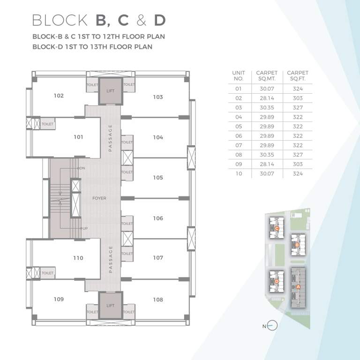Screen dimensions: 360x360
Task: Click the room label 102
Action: pyautogui.click(x=59, y=96)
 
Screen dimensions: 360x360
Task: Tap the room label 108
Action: pyautogui.click(x=158, y=299)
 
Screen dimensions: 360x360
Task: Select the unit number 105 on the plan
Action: pyautogui.click(x=158, y=178)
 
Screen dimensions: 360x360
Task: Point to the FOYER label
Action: pyautogui.click(x=99, y=198)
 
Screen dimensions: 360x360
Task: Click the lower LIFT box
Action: pyautogui.click(x=110, y=305)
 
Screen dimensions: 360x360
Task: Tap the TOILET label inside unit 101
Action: pyautogui.click(x=47, y=124)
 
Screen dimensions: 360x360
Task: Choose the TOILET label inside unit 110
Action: pyautogui.click(x=47, y=273)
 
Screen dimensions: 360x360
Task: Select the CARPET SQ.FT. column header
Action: pyautogui.click(x=298, y=76)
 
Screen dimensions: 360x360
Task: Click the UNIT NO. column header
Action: pyautogui.click(x=239, y=76)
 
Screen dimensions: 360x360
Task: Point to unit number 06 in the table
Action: pyautogui.click(x=239, y=136)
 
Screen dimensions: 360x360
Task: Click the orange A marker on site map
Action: pyautogui.click(x=298, y=286)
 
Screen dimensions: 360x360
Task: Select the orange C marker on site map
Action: pyautogui.click(x=277, y=229)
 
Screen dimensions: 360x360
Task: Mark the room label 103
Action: pyautogui.click(x=158, y=97)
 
